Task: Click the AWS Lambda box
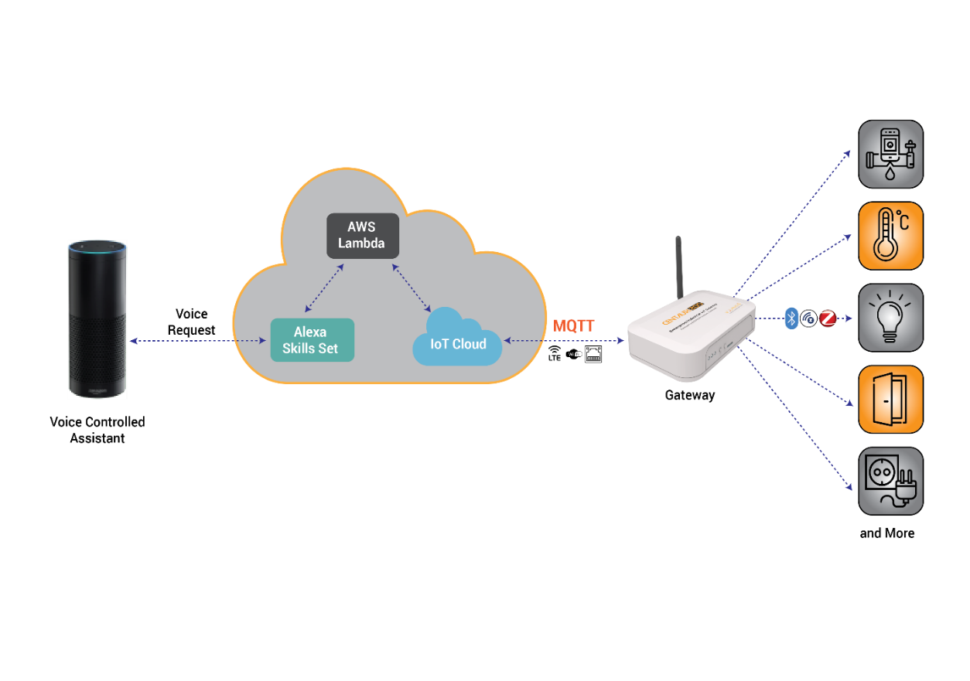pyautogui.click(x=362, y=236)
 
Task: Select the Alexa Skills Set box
pyautogui.click(x=312, y=340)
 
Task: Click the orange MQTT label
pyautogui.click(x=573, y=326)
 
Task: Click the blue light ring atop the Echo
pyautogui.click(x=97, y=247)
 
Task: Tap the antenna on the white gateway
pyautogui.click(x=678, y=267)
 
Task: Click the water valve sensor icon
pyautogui.click(x=890, y=154)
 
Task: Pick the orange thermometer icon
pyautogui.click(x=890, y=236)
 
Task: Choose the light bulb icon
pyautogui.click(x=890, y=318)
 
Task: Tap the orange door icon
pyautogui.click(x=890, y=400)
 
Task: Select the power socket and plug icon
pyautogui.click(x=890, y=482)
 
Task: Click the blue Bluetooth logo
pyautogui.click(x=791, y=318)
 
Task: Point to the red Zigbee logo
pyautogui.click(x=828, y=318)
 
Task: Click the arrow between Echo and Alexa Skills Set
pyautogui.click(x=197, y=340)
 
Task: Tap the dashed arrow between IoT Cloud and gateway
pyautogui.click(x=565, y=340)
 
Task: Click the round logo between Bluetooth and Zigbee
pyautogui.click(x=809, y=318)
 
